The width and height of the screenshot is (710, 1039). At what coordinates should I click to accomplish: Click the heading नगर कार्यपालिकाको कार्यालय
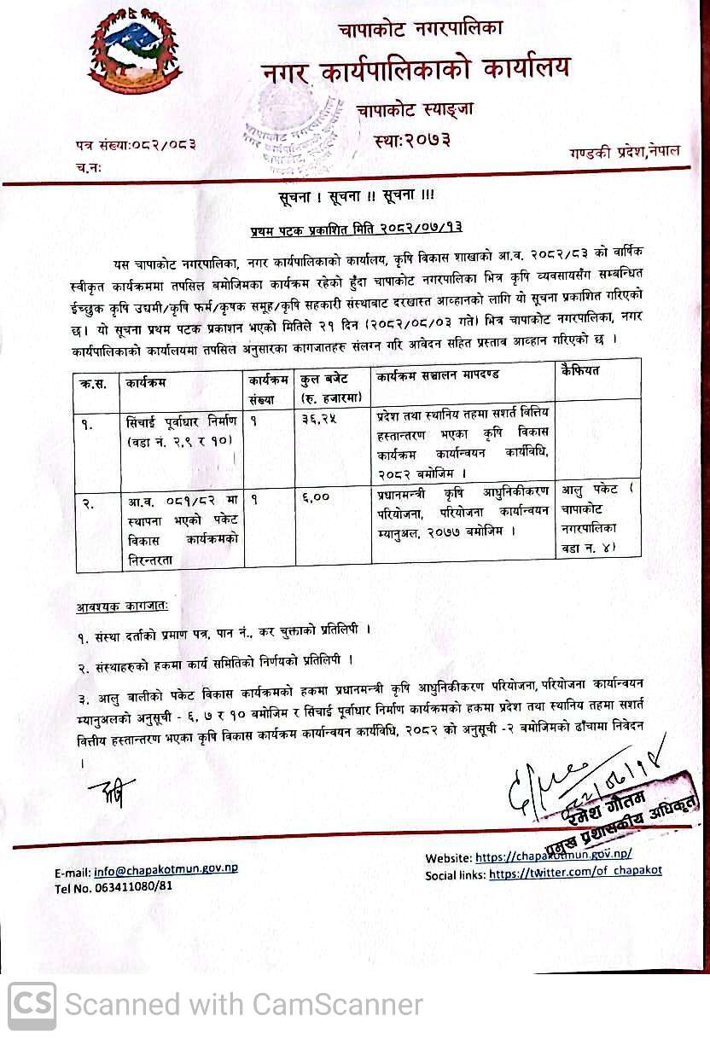click(x=416, y=69)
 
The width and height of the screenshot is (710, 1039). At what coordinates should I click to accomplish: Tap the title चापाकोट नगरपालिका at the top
click(x=420, y=28)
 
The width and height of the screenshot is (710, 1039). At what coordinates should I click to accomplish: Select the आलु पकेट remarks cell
click(x=597, y=519)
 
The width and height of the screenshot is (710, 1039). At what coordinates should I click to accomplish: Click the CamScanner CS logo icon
click(x=32, y=1004)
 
